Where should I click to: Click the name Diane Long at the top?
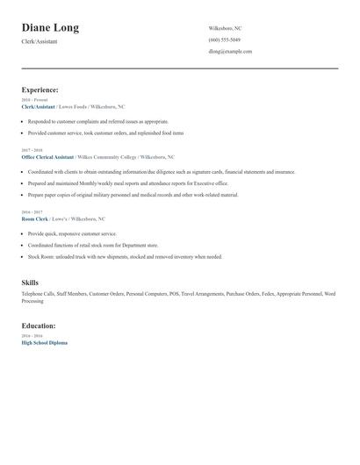coord(50,28)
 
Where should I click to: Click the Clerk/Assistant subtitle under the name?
coord(40,41)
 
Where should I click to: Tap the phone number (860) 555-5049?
coord(225,39)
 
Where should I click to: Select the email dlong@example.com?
coord(230,51)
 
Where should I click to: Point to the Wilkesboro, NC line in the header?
coord(225,28)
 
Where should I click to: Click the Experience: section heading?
coord(40,89)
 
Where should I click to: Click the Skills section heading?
coord(30,283)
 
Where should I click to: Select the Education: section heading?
coord(40,326)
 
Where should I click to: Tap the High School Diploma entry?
coord(44,342)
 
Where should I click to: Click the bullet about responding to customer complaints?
coord(97,122)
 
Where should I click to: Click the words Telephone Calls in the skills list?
coord(38,293)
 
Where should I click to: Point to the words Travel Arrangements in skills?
coord(204,293)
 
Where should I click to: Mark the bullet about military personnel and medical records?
coord(132,194)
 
